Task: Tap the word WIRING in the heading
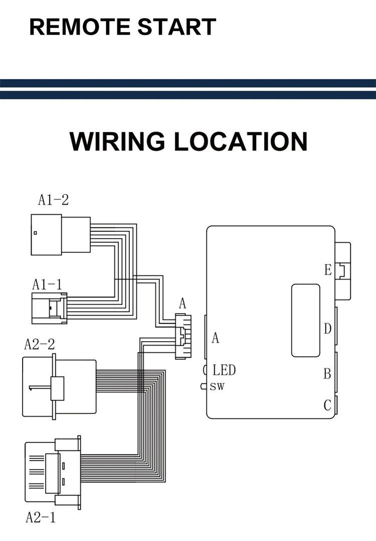click(117, 141)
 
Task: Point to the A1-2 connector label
click(53, 200)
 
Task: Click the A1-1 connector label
click(47, 285)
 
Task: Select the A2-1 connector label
click(41, 517)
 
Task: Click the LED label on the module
click(224, 371)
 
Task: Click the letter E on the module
click(328, 270)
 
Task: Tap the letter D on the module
click(327, 329)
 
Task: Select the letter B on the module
click(327, 374)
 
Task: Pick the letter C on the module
click(327, 405)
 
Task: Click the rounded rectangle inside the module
click(305, 320)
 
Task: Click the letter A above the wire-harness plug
click(182, 303)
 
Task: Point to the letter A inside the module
click(216, 338)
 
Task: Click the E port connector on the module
click(343, 270)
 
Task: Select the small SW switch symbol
click(204, 386)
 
